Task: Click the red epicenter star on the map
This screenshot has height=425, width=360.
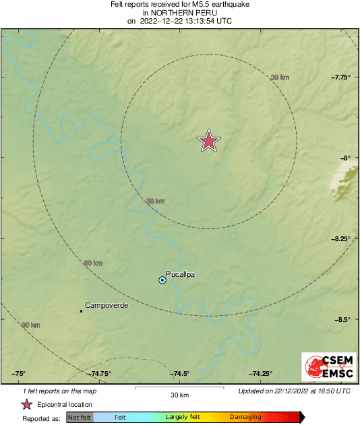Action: tap(209, 141)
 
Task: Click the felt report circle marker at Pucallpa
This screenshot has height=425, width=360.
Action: tap(162, 280)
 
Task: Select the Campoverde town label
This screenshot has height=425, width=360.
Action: tap(107, 305)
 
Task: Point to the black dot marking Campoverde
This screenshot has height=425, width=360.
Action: tap(82, 311)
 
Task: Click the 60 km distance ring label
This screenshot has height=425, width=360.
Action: tap(93, 263)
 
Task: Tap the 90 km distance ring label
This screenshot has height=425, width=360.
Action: tap(31, 325)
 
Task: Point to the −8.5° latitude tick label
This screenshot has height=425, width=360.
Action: tap(343, 319)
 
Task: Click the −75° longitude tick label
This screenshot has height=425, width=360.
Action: tap(18, 374)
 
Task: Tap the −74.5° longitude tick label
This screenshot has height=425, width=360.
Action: tap(179, 374)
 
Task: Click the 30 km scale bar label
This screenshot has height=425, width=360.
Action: tap(179, 395)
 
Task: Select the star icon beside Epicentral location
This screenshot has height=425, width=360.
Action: tap(26, 404)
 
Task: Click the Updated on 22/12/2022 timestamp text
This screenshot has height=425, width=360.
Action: tap(294, 391)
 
